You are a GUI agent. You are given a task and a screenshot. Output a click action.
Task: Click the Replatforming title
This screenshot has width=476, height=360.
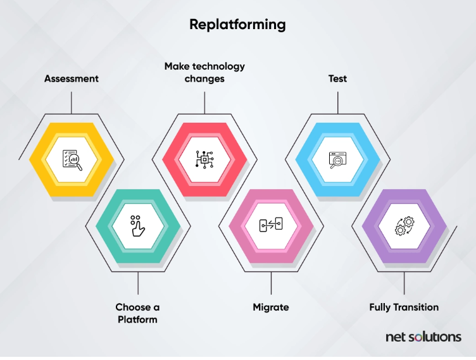tap(237, 25)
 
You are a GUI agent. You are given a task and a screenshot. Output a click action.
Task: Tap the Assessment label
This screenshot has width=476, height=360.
tap(72, 79)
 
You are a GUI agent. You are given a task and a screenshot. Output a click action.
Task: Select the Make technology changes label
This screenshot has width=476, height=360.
tap(204, 72)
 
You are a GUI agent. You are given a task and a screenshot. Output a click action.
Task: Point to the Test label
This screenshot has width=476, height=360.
tap(337, 79)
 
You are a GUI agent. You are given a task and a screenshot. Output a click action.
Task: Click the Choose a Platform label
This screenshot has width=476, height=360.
tap(137, 313)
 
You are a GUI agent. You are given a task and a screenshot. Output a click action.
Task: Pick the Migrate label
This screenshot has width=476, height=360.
tap(271, 307)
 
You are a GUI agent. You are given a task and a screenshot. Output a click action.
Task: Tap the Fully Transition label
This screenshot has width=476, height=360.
tap(404, 307)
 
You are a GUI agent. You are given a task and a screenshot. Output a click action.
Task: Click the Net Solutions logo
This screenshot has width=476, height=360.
tap(423, 337)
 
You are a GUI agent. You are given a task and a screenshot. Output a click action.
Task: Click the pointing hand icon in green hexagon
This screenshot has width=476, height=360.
tap(137, 226)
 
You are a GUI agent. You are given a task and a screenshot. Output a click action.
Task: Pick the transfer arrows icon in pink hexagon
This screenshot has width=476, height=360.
tap(271, 226)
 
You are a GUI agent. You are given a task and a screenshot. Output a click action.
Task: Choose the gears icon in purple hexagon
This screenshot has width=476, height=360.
tap(404, 226)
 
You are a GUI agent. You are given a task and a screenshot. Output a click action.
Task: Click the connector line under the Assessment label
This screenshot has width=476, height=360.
tap(72, 102)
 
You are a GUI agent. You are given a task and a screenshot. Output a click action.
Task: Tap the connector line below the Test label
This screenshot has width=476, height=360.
tap(337, 102)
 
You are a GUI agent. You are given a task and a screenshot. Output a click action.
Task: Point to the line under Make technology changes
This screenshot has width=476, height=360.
tap(204, 102)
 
